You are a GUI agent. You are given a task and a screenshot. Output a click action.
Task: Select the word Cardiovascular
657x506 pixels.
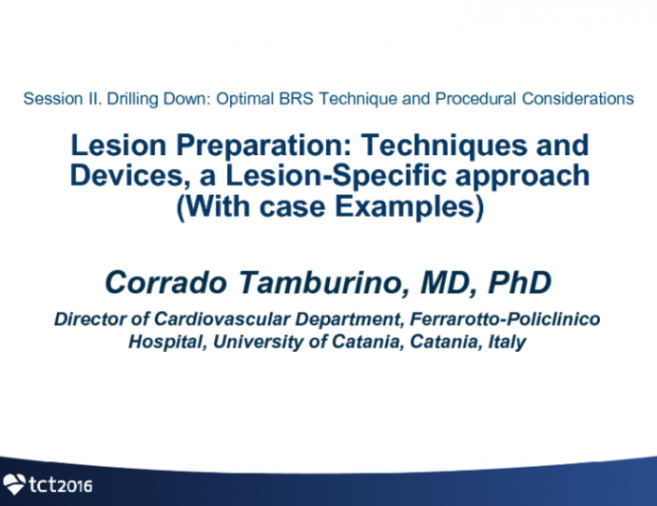coord(208,320)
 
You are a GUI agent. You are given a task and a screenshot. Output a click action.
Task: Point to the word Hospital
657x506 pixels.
coord(163,342)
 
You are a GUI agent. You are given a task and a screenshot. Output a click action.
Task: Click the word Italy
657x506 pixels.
coord(505,342)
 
